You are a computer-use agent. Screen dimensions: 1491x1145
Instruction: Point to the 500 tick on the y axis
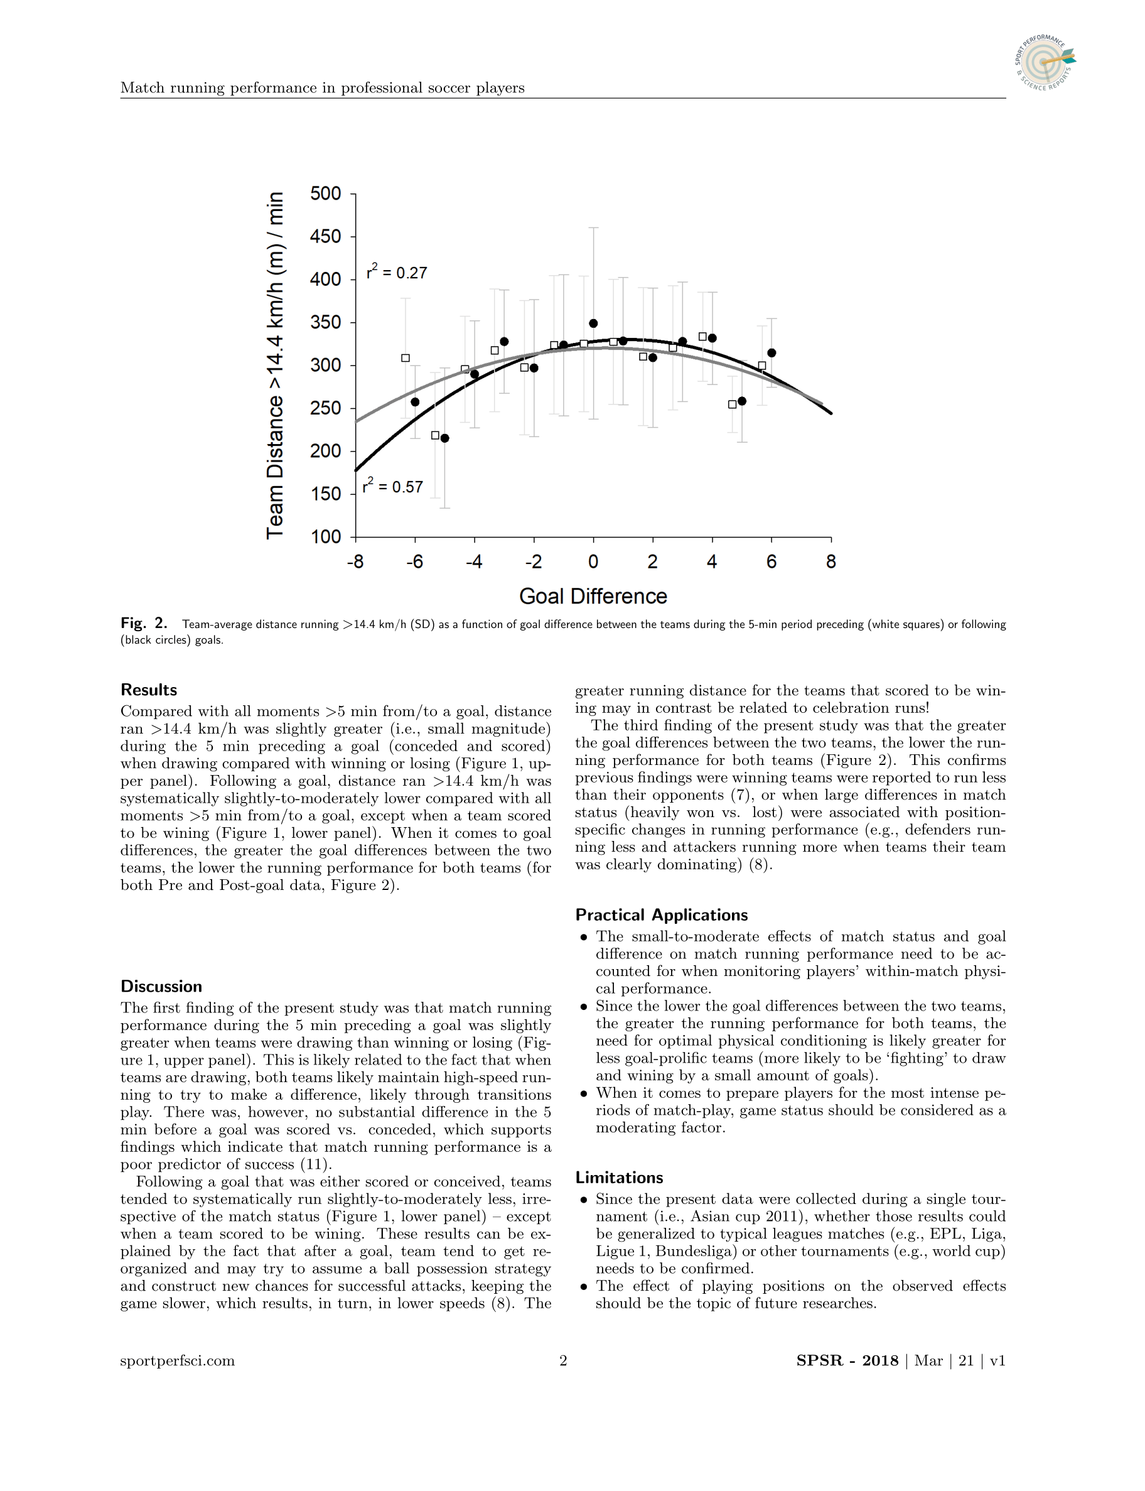(325, 193)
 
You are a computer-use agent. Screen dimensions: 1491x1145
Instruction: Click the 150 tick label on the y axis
(325, 494)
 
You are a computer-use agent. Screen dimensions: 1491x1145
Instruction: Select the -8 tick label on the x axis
(355, 561)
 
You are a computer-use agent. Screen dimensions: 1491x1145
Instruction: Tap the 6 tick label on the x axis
(771, 561)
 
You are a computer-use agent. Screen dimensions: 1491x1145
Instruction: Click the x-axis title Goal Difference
(593, 596)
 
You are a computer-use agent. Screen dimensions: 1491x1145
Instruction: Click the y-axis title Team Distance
(275, 366)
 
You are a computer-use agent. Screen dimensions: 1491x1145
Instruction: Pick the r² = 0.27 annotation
(397, 272)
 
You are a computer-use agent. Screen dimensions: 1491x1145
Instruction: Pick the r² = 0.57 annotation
(392, 486)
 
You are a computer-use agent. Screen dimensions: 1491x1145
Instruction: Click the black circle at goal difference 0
(593, 323)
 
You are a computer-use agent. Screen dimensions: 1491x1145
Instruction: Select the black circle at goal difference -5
(444, 438)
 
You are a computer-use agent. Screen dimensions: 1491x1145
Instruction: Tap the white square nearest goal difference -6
(406, 358)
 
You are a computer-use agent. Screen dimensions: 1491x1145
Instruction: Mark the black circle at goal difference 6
(771, 352)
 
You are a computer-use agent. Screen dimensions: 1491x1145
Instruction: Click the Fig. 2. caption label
(144, 623)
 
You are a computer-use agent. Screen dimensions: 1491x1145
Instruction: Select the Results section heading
(149, 690)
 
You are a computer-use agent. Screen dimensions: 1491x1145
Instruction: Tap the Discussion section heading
(161, 987)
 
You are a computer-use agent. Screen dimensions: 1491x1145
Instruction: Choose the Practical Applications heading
(661, 915)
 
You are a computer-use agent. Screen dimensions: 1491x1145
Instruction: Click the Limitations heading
(619, 1178)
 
